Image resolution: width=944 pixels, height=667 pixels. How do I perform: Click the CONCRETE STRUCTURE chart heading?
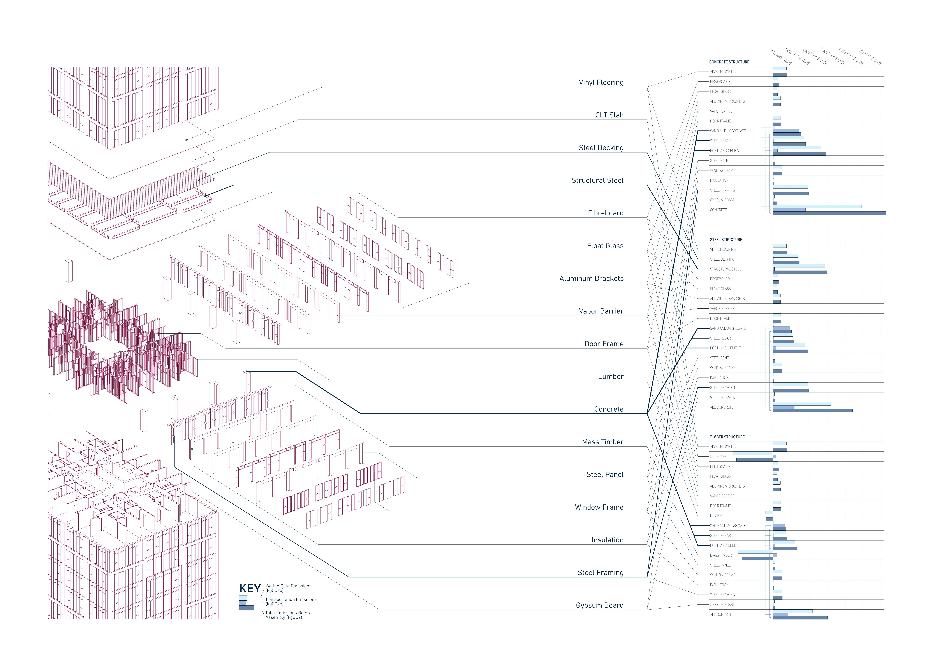(x=729, y=62)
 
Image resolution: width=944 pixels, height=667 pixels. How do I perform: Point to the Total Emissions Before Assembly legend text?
(x=288, y=615)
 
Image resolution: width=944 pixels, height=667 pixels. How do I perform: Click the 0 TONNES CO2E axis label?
(x=781, y=58)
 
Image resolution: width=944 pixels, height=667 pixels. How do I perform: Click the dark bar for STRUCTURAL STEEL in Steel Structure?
(x=799, y=272)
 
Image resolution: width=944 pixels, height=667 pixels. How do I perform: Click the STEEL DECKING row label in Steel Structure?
(x=722, y=259)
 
